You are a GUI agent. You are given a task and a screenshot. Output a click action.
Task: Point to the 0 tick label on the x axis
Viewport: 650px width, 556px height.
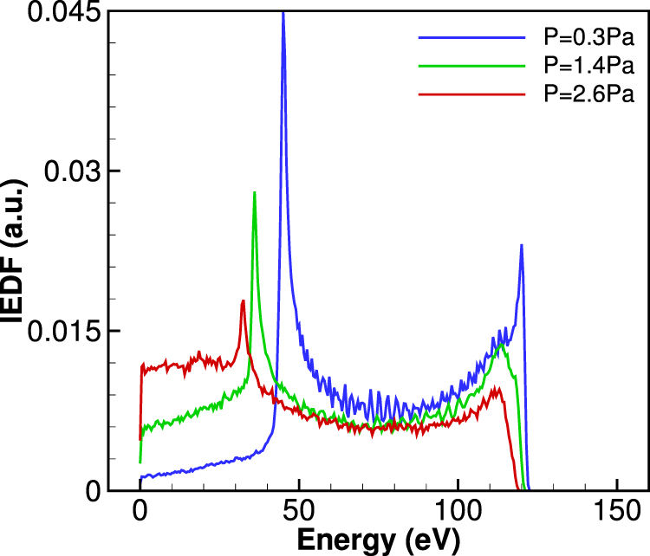[x=140, y=508]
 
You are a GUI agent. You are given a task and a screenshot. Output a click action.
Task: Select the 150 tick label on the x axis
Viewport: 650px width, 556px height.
[x=618, y=508]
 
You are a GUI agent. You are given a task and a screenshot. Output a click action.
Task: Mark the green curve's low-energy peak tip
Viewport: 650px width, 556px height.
[x=254, y=192]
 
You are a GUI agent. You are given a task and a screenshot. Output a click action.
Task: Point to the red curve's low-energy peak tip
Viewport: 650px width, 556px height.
[x=243, y=301]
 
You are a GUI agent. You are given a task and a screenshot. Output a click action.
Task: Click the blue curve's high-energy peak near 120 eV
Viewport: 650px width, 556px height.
[x=521, y=245]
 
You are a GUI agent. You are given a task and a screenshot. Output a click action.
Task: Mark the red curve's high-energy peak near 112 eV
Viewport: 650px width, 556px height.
[x=497, y=388]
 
